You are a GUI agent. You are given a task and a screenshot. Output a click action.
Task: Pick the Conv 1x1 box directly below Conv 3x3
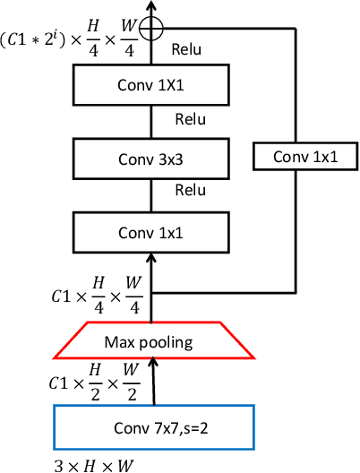pyautogui.click(x=150, y=233)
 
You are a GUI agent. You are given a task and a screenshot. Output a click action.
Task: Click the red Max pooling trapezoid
pyautogui.click(x=150, y=340)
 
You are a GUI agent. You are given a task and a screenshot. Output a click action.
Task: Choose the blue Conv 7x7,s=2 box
pyautogui.click(x=155, y=426)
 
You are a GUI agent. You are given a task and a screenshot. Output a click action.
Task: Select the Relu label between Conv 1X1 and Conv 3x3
pyautogui.click(x=190, y=118)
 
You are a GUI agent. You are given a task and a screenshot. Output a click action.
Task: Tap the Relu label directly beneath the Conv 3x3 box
pyautogui.click(x=190, y=190)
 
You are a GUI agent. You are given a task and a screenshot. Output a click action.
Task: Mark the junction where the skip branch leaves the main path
pyautogui.click(x=150, y=292)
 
